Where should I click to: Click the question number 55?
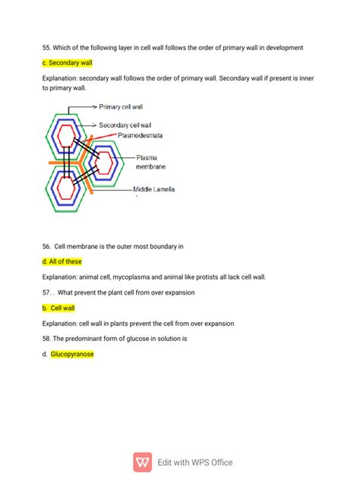(x=47, y=48)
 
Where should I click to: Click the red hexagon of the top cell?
(x=67, y=135)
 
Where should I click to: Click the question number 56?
(x=47, y=246)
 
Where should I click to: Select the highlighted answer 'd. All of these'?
(x=62, y=261)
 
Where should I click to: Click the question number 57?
(x=47, y=292)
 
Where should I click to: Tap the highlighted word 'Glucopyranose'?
(x=72, y=354)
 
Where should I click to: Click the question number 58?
(x=47, y=339)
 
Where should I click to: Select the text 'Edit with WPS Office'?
(x=194, y=462)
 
